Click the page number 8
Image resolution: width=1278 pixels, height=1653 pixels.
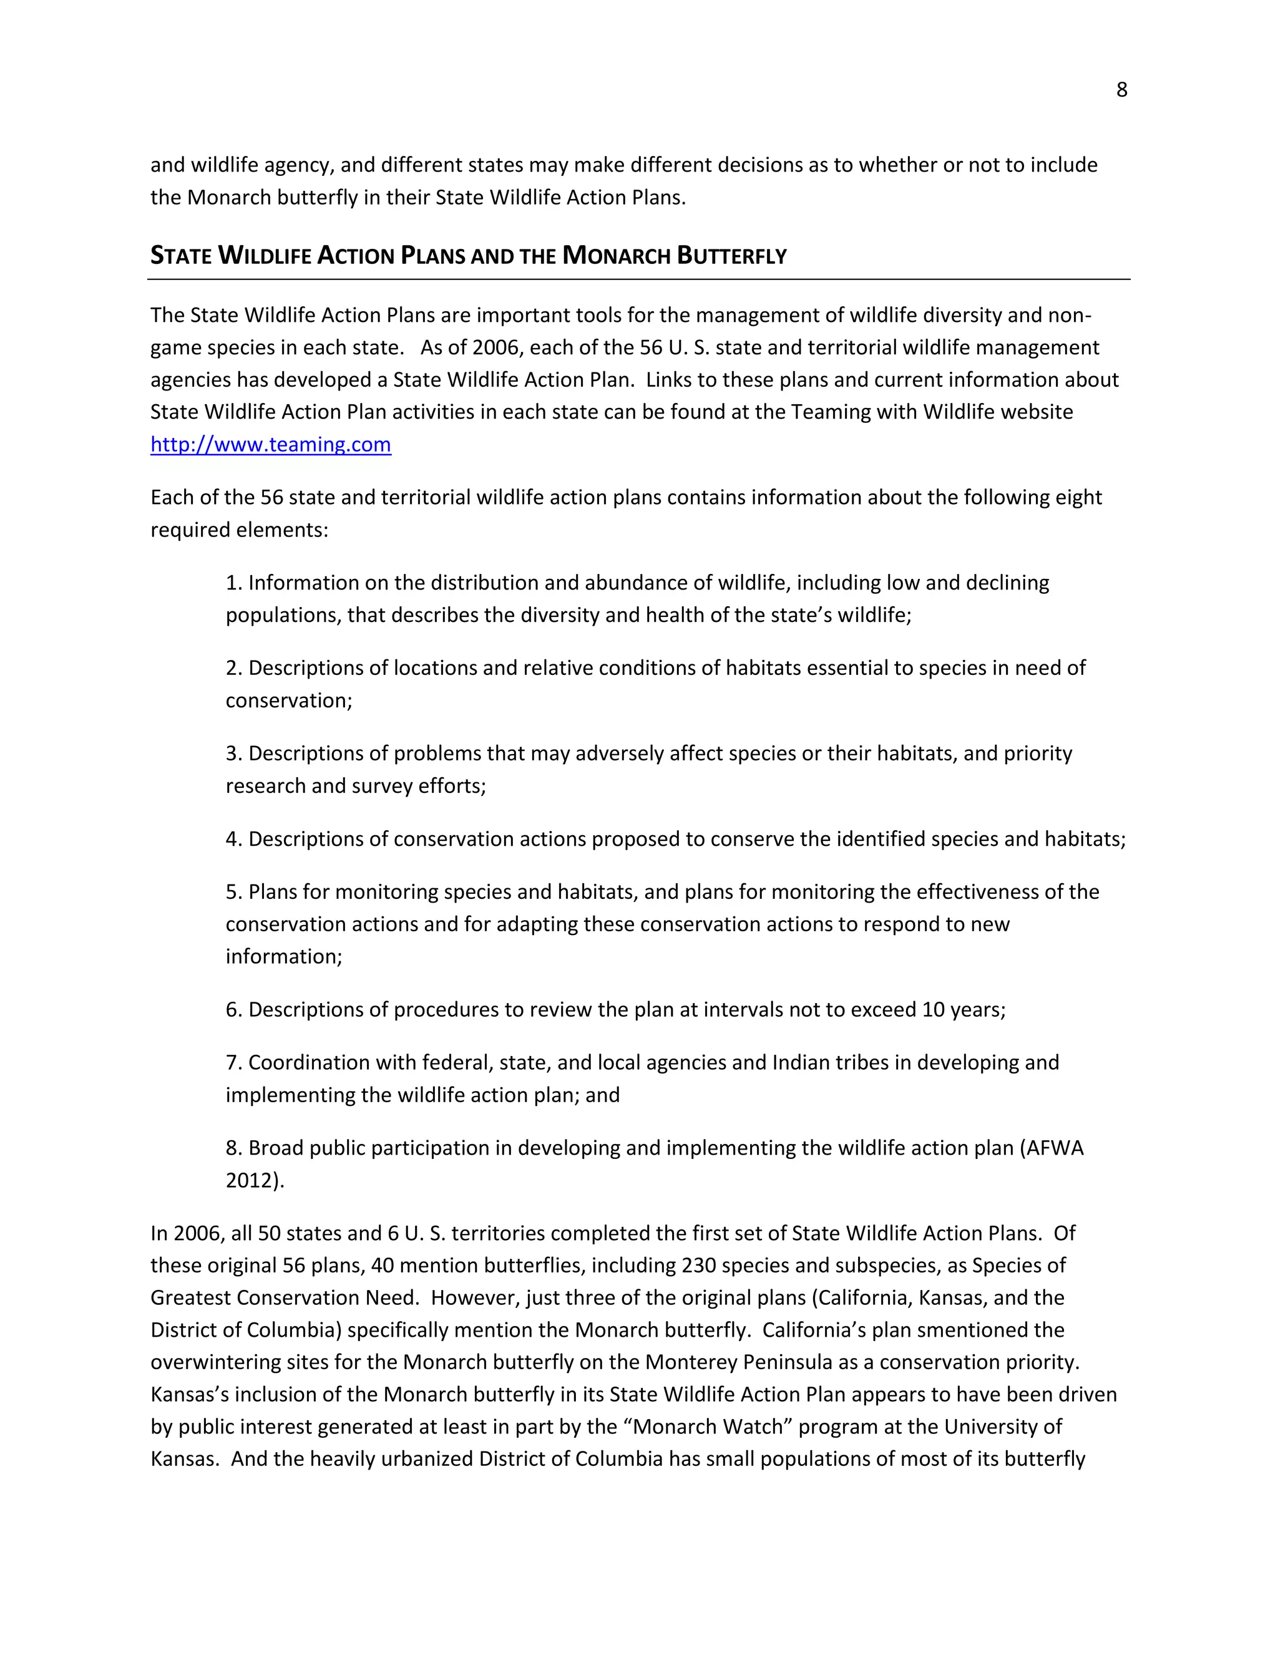1121,90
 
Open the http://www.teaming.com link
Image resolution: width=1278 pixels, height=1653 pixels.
270,444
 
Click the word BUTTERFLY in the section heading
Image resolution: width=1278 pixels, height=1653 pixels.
731,256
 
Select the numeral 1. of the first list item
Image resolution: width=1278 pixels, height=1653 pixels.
233,583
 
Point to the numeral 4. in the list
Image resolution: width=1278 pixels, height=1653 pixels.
233,840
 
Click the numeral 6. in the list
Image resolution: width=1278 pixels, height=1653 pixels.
233,1010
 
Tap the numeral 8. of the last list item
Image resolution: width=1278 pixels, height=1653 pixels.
233,1148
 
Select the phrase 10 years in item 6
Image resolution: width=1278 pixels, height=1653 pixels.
961,1010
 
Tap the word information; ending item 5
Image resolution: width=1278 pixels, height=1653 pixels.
284,957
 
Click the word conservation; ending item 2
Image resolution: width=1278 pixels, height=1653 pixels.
288,701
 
